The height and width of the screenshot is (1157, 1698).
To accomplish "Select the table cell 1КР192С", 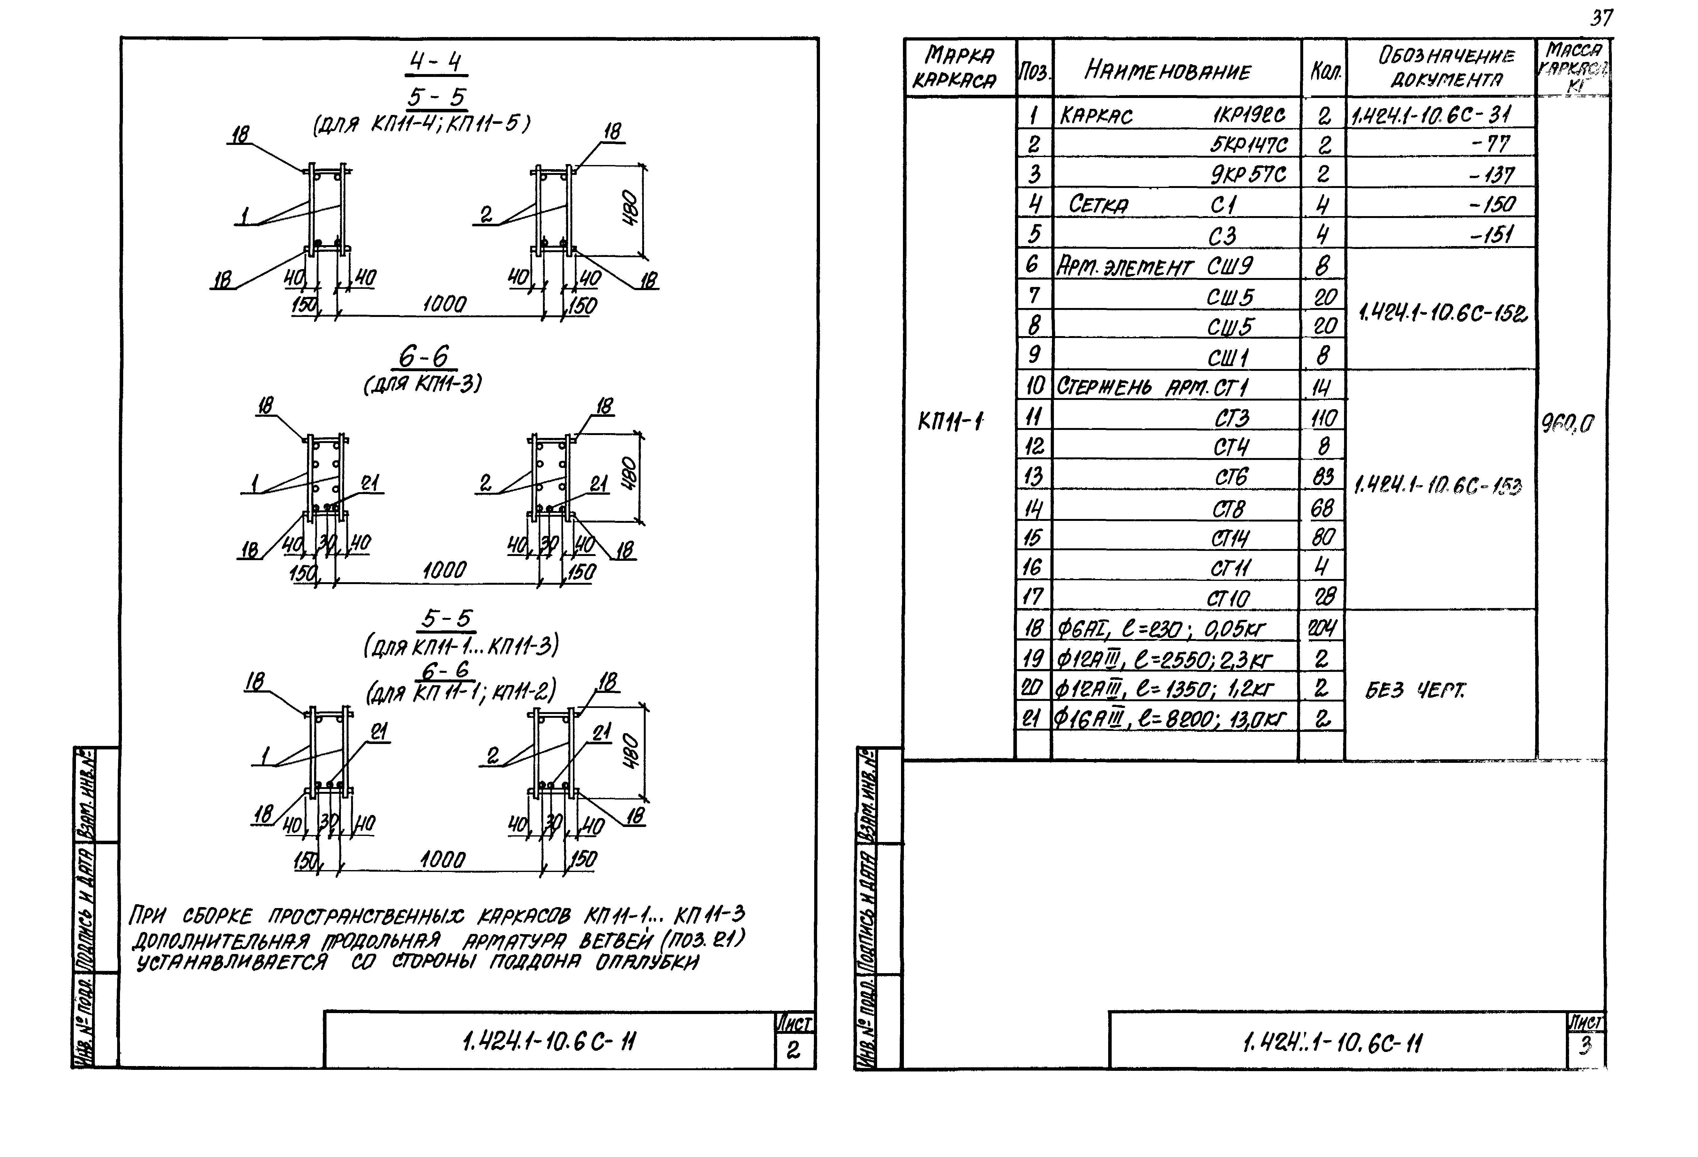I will pos(1249,115).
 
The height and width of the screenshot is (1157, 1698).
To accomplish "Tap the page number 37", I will pos(1601,18).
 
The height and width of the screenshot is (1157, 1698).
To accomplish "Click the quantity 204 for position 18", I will pos(1322,627).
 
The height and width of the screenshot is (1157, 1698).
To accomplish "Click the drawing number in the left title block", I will pos(549,1041).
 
